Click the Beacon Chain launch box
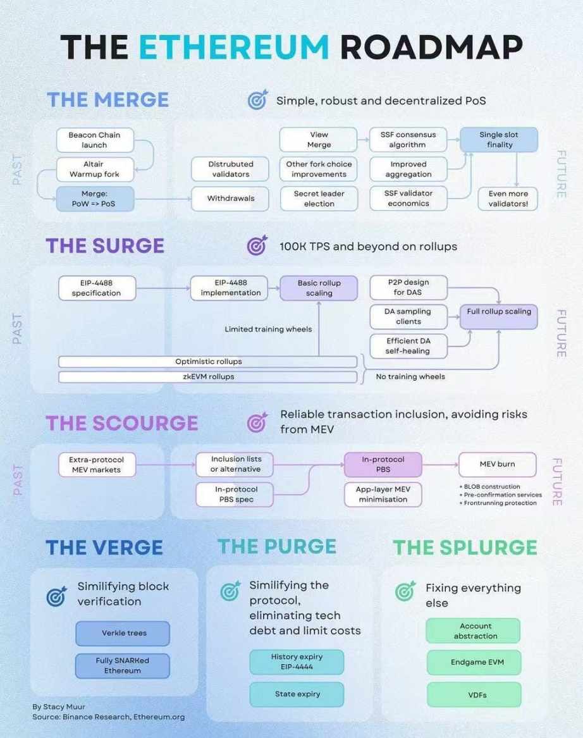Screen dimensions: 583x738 (95, 140)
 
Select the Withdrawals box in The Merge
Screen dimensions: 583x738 (230, 198)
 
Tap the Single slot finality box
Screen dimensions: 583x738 (499, 139)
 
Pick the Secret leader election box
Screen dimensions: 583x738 (319, 198)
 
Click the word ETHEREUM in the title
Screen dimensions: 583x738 (234, 47)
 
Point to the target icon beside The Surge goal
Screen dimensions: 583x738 (257, 245)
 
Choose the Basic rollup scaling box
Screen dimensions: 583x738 (319, 288)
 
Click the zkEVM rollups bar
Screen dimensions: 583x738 (208, 377)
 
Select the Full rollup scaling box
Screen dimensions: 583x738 (499, 316)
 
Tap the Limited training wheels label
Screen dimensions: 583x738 (268, 329)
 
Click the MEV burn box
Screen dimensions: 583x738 (498, 464)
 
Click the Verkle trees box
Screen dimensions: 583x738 (123, 633)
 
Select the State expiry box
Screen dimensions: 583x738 (297, 694)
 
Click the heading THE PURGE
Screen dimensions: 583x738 (277, 546)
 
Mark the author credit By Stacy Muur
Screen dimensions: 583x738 (59, 706)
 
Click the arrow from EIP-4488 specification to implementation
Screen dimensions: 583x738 (163, 288)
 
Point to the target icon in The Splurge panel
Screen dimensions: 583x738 (405, 591)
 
